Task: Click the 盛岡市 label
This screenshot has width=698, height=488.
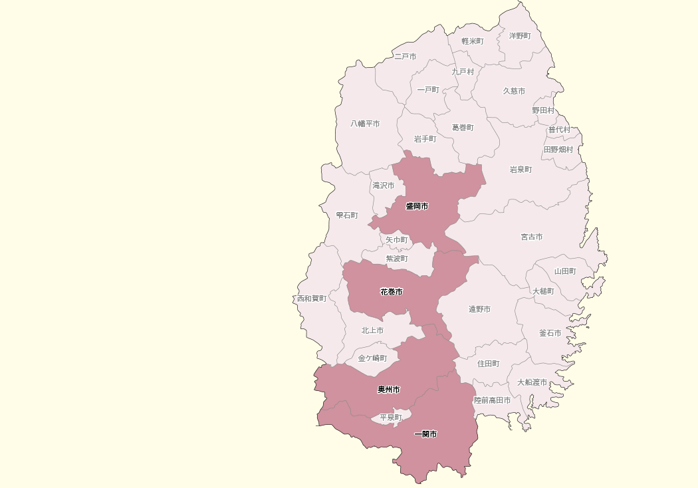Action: click(417, 206)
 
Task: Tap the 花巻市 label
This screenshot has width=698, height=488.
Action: click(392, 292)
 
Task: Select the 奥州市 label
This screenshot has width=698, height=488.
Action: click(389, 389)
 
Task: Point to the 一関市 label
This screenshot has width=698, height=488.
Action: click(425, 434)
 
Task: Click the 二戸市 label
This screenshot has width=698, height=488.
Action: click(405, 57)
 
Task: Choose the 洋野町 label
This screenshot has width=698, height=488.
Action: click(520, 35)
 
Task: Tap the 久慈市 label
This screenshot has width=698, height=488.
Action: click(514, 91)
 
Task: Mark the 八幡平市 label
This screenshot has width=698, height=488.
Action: click(366, 124)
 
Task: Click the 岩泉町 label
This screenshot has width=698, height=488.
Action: click(521, 170)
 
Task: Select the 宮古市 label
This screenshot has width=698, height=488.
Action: click(531, 237)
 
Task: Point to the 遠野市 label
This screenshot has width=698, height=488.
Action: click(479, 309)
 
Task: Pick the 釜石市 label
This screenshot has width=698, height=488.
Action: click(550, 333)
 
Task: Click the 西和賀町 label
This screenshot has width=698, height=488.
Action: click(312, 299)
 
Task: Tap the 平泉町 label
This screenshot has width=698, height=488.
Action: click(391, 418)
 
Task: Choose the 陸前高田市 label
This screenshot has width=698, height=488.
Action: click(493, 400)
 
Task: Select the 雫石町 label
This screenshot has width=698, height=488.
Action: click(347, 215)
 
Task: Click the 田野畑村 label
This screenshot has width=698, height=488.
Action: click(558, 150)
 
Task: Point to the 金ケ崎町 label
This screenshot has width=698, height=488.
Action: click(372, 358)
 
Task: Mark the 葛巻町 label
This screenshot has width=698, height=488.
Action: click(463, 127)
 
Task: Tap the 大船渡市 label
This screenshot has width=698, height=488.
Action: click(532, 382)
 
